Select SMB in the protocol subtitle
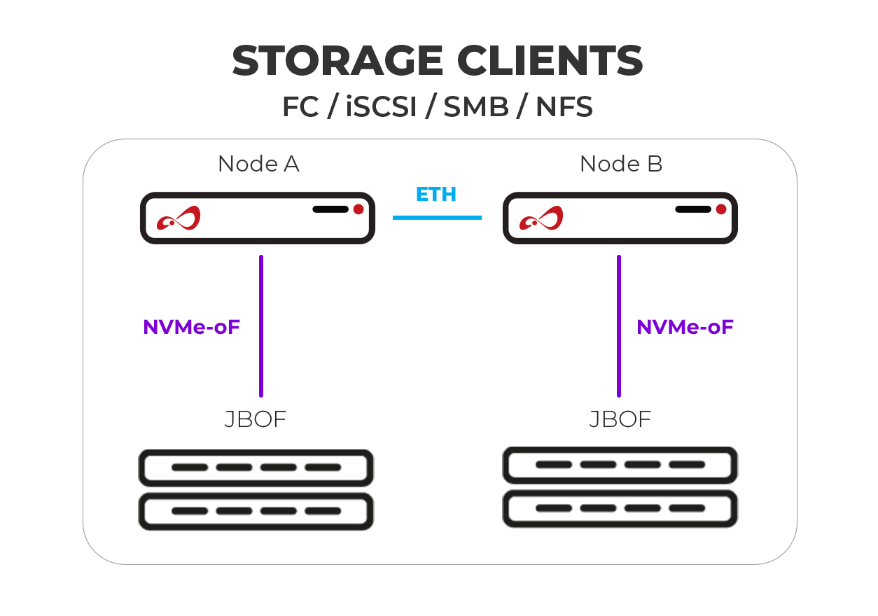476,108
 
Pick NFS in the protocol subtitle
564,108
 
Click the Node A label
258,164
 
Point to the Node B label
621,164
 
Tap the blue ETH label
436,194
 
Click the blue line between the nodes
437,218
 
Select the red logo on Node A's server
179,218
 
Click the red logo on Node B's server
541,218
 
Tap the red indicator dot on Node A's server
358,209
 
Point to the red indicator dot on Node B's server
721,209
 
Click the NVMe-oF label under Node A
192,327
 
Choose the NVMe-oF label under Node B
685,327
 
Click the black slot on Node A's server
330,209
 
